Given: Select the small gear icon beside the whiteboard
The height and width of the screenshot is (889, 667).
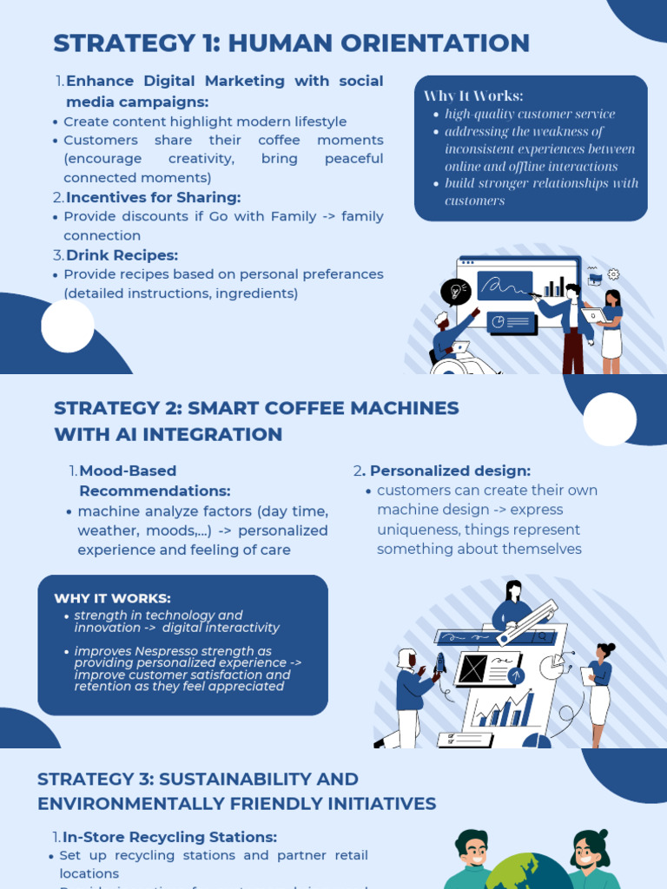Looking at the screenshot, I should coord(614,274).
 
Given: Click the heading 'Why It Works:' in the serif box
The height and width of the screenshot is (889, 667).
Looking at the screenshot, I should coord(473,95).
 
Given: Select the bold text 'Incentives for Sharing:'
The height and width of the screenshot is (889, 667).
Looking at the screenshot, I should coord(153,197).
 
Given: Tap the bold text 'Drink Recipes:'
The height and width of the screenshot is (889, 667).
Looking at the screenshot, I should coord(134,255).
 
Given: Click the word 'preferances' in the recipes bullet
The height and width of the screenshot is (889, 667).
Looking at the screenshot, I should coord(340,274).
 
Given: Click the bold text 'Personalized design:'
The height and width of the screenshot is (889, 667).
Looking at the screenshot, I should coord(450,471).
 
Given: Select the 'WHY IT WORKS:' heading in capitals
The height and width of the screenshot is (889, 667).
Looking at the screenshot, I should coord(112,598).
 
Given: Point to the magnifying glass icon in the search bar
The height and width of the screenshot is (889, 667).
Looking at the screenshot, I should coord(543,636).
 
